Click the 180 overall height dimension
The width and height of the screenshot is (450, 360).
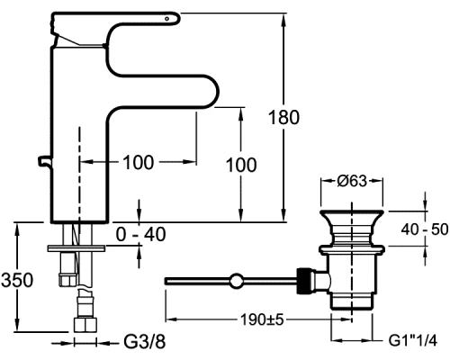(x=283, y=117)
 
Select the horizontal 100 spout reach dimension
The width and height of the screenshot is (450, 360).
(x=139, y=162)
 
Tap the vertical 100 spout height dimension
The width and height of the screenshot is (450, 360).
(x=241, y=165)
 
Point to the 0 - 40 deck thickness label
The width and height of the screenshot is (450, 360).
(x=140, y=234)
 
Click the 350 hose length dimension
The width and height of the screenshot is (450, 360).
(x=17, y=280)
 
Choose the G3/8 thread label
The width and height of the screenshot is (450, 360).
(x=145, y=342)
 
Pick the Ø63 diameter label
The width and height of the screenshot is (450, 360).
(x=352, y=181)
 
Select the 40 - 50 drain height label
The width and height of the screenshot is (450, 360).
(x=425, y=229)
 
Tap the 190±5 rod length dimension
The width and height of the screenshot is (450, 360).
(x=262, y=319)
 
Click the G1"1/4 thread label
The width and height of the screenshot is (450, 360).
(x=413, y=340)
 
